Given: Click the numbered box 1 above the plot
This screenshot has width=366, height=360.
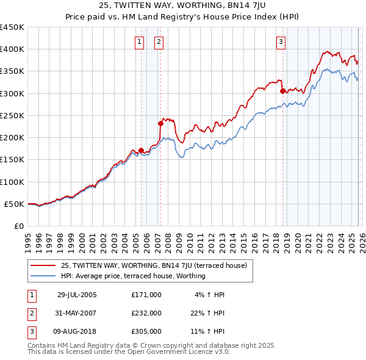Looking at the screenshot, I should point(140,42).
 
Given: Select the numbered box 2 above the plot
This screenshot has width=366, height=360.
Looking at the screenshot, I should point(159,42).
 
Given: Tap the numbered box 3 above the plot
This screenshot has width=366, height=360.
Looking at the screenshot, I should point(281,42).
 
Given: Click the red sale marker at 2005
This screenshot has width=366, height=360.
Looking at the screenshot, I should point(141,150).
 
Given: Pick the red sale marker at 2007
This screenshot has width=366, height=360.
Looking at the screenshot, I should point(160,123).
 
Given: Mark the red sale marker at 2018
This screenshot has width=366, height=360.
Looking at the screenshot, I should point(282,91).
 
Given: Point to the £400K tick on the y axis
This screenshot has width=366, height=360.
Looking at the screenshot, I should point(12,49).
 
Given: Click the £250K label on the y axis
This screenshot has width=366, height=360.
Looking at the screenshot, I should point(12,115).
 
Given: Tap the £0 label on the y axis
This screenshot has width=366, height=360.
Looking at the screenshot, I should point(18,226).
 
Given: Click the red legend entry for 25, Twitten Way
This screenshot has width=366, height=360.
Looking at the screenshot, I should point(153,265).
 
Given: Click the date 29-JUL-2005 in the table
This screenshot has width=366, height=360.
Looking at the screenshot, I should point(77,295).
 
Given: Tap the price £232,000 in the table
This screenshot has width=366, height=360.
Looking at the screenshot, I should point(146,313).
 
